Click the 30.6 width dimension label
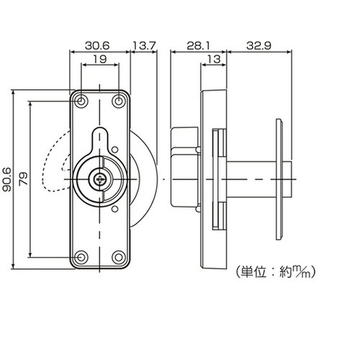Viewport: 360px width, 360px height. click(97, 45)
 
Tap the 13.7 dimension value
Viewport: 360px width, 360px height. click(144, 45)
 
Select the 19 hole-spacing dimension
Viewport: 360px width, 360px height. click(100, 59)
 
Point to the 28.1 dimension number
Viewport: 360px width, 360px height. click(198, 45)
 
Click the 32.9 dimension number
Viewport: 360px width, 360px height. click(258, 45)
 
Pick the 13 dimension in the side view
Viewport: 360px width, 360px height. click(214, 59)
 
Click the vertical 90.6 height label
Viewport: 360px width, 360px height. click(7, 179)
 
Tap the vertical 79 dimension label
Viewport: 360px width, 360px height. click(24, 179)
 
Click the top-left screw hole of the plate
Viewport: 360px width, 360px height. click(81, 102)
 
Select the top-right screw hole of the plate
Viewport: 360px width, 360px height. click(118, 102)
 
